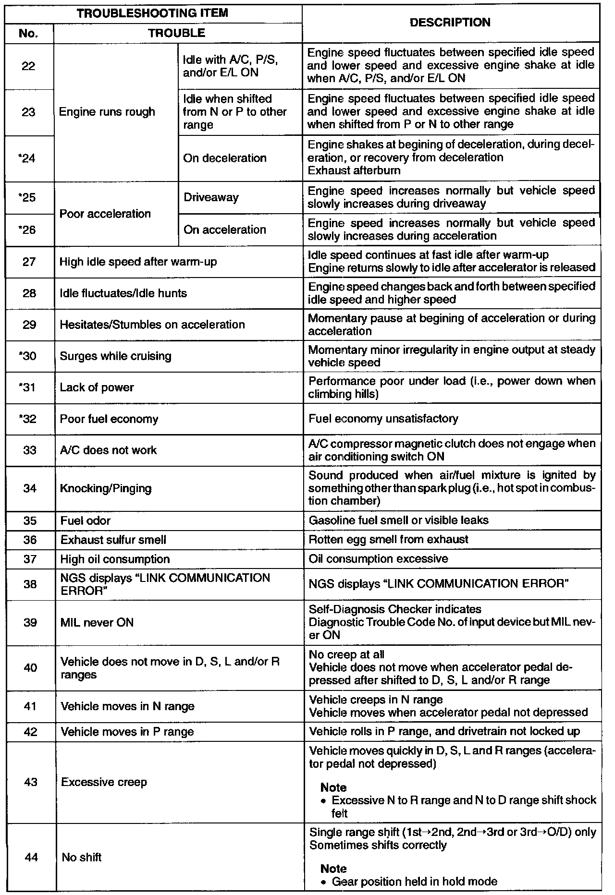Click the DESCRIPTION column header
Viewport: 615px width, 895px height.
[451, 23]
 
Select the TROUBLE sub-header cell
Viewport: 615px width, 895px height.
[177, 33]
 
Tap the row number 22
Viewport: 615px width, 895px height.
[29, 66]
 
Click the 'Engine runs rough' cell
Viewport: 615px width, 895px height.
[107, 112]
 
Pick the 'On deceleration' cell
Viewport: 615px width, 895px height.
[225, 158]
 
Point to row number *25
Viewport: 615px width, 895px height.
[29, 197]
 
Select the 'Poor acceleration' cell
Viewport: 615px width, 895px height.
[105, 214]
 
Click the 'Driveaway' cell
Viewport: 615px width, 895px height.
[211, 197]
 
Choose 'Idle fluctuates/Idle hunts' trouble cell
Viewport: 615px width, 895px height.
[123, 293]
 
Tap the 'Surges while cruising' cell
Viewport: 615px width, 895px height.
[116, 356]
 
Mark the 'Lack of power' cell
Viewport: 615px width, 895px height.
[97, 387]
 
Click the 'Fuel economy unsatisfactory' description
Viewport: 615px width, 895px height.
[383, 419]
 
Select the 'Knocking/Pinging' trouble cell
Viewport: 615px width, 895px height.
[106, 488]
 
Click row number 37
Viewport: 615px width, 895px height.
[30, 559]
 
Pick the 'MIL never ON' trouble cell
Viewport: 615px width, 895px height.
[97, 622]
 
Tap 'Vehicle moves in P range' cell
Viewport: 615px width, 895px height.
[127, 732]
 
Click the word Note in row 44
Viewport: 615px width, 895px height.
[333, 869]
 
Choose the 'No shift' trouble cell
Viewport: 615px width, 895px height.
[82, 857]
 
